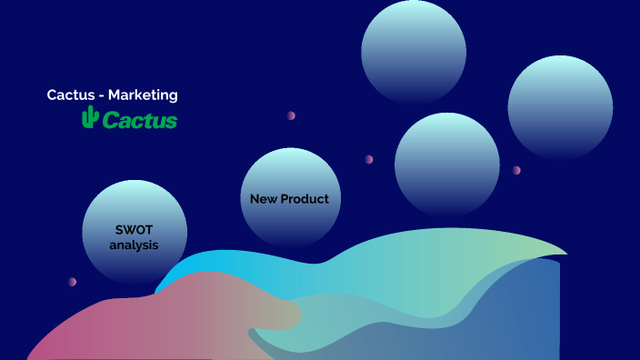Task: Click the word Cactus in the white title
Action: tap(69, 95)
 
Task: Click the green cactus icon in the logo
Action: tap(89, 117)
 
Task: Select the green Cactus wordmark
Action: tap(139, 120)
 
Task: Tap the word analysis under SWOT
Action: tap(134, 245)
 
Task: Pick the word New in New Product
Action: tap(264, 198)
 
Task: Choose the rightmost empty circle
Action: tap(560, 107)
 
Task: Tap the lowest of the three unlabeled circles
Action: tap(447, 165)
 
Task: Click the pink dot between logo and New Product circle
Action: tap(291, 115)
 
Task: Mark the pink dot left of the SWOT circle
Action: tap(72, 282)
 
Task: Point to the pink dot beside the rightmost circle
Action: tap(516, 170)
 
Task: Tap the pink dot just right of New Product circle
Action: tap(369, 159)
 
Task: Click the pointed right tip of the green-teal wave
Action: tap(564, 253)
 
